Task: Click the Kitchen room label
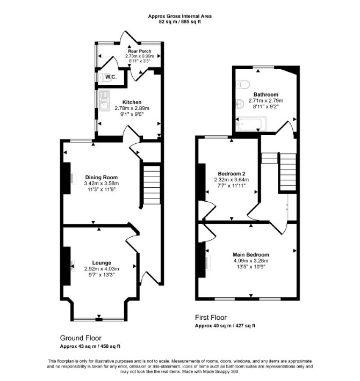pos(132,102)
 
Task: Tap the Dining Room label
pos(102,178)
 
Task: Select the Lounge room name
pos(102,262)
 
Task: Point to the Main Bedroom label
pos(251,255)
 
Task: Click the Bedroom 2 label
pos(232,174)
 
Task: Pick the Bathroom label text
pos(266,94)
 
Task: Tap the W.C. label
pos(111,77)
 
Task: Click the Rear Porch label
pos(140,51)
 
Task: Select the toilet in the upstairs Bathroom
pos(243,85)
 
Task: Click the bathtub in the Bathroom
pos(251,123)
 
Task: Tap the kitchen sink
pos(104,100)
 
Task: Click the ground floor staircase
pos(152,185)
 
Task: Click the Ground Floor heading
pos(81,338)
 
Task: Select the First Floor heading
pos(211,317)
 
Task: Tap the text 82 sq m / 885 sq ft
pos(180,21)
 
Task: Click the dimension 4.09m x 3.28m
pos(251,261)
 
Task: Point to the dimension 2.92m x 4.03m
pos(102,269)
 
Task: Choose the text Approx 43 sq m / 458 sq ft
pos(90,346)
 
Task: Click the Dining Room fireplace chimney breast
pos(67,178)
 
